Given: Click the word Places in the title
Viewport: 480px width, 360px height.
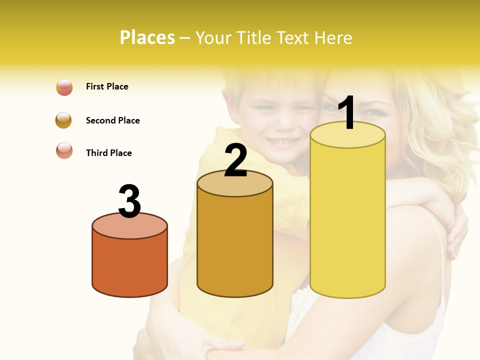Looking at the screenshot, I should pyautogui.click(x=147, y=38).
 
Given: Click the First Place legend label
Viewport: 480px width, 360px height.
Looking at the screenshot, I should pyautogui.click(x=107, y=86).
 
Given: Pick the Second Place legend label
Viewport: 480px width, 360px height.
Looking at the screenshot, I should pyautogui.click(x=112, y=120).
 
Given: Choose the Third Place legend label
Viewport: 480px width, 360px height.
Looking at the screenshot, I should pyautogui.click(x=108, y=153).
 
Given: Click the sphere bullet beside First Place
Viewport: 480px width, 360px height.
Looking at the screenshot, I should pyautogui.click(x=64, y=87).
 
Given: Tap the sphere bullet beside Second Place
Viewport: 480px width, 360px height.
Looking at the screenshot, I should pyautogui.click(x=63, y=120).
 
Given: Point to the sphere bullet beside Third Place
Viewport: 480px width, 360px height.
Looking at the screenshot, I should pyautogui.click(x=64, y=150).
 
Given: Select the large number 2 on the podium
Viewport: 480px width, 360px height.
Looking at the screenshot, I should pyautogui.click(x=235, y=160).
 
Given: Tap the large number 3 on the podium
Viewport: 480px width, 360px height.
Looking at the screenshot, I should pyautogui.click(x=129, y=201).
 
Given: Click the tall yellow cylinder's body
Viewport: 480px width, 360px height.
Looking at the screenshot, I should pyautogui.click(x=347, y=220).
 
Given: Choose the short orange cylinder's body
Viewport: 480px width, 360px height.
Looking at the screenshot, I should pyautogui.click(x=129, y=265).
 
